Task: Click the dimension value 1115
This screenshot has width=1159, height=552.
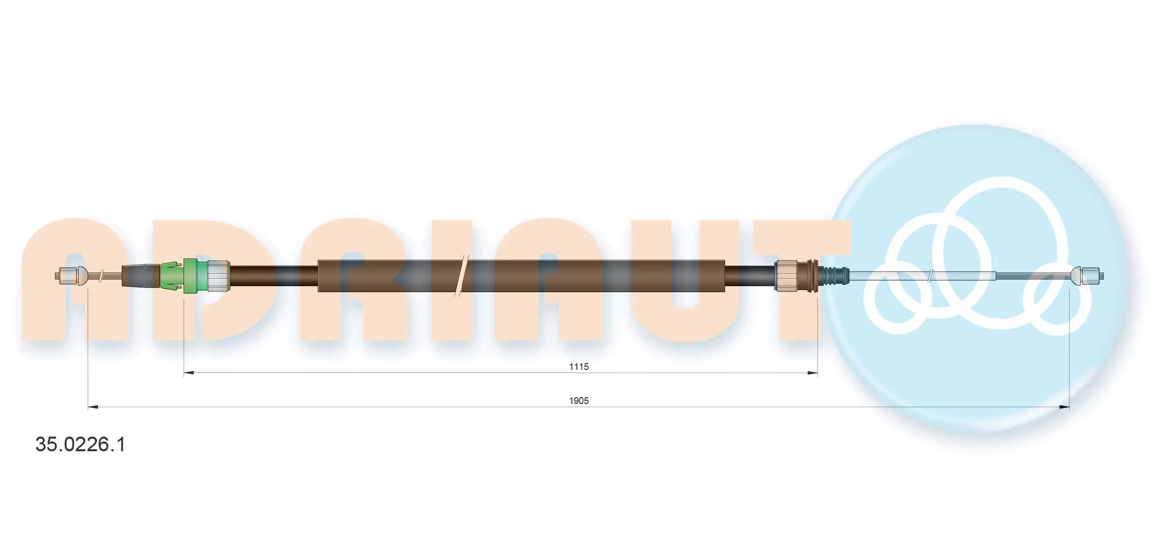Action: pyautogui.click(x=579, y=367)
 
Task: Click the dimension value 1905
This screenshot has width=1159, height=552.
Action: pyautogui.click(x=579, y=401)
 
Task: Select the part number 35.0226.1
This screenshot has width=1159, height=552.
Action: pyautogui.click(x=80, y=444)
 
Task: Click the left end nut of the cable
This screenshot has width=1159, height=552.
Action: pyautogui.click(x=66, y=276)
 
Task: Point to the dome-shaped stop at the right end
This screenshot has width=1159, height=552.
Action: pyautogui.click(x=1075, y=276)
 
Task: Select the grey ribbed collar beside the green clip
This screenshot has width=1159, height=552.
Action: pyautogui.click(x=218, y=276)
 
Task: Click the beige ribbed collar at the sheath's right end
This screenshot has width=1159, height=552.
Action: pyautogui.click(x=785, y=276)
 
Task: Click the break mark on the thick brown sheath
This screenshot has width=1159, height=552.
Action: pyautogui.click(x=462, y=276)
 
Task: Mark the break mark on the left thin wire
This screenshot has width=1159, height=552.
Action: pyautogui.click(x=101, y=276)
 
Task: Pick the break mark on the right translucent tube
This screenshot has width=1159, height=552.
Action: pyautogui.click(x=930, y=276)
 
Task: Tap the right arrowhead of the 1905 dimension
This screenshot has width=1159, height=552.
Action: pyautogui.click(x=1064, y=407)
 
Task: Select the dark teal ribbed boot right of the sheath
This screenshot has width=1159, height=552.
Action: pyautogui.click(x=834, y=276)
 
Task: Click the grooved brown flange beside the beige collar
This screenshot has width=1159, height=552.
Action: pyautogui.click(x=812, y=276)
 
